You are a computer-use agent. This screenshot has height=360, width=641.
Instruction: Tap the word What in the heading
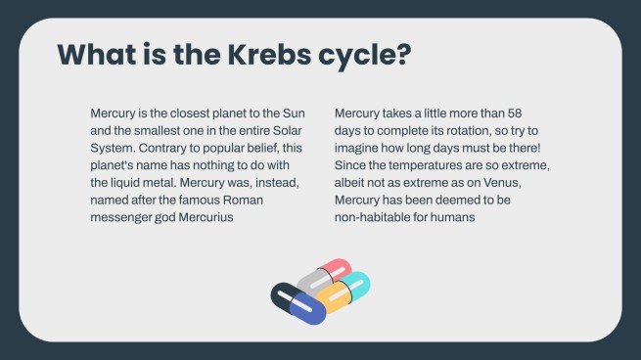pyautogui.click(x=97, y=54)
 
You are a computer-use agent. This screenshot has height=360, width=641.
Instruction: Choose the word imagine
pyautogui.click(x=360, y=147)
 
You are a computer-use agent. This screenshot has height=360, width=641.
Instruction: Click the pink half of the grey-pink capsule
pyautogui.click(x=338, y=268)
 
